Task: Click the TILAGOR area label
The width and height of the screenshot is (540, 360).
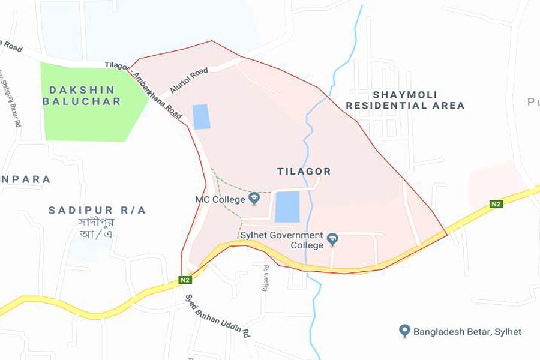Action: [304, 172]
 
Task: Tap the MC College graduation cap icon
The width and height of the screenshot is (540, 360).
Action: [254, 198]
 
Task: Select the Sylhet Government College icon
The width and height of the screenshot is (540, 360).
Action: [332, 240]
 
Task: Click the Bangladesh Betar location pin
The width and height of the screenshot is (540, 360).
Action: [404, 331]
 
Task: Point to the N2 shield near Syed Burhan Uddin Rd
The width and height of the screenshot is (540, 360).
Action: [185, 280]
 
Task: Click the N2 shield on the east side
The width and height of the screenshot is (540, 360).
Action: [496, 204]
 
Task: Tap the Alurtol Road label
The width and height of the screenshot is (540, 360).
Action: [189, 80]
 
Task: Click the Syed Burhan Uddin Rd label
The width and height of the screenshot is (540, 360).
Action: [217, 315]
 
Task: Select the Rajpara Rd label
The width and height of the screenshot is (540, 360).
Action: [266, 278]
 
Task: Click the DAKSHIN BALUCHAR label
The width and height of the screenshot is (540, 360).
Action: [81, 96]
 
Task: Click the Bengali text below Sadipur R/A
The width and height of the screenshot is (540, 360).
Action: [96, 227]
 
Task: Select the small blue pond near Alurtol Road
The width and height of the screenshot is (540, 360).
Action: [202, 116]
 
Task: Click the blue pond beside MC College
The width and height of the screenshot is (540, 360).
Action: [287, 207]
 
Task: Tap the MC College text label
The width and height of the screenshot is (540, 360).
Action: [220, 199]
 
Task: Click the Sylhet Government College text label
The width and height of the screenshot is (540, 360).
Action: [282, 240]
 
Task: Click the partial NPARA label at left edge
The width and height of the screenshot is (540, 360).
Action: [25, 179]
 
